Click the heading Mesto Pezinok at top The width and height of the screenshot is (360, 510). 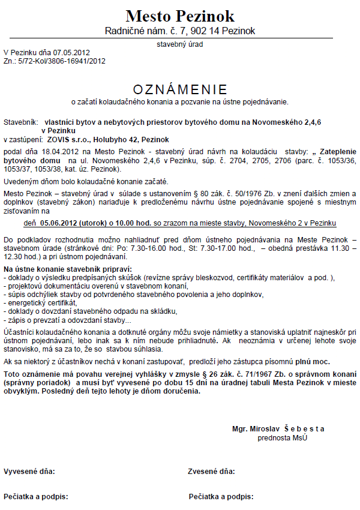coord(180,16)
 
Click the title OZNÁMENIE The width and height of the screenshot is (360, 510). coord(180,89)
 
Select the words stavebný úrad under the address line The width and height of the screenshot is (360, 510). coord(180,44)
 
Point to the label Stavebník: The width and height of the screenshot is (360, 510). coord(21,122)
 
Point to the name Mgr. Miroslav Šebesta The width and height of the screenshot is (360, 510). coord(278,428)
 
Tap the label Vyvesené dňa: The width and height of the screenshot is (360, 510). coord(29,471)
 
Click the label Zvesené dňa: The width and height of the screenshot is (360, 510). coord(212,471)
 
